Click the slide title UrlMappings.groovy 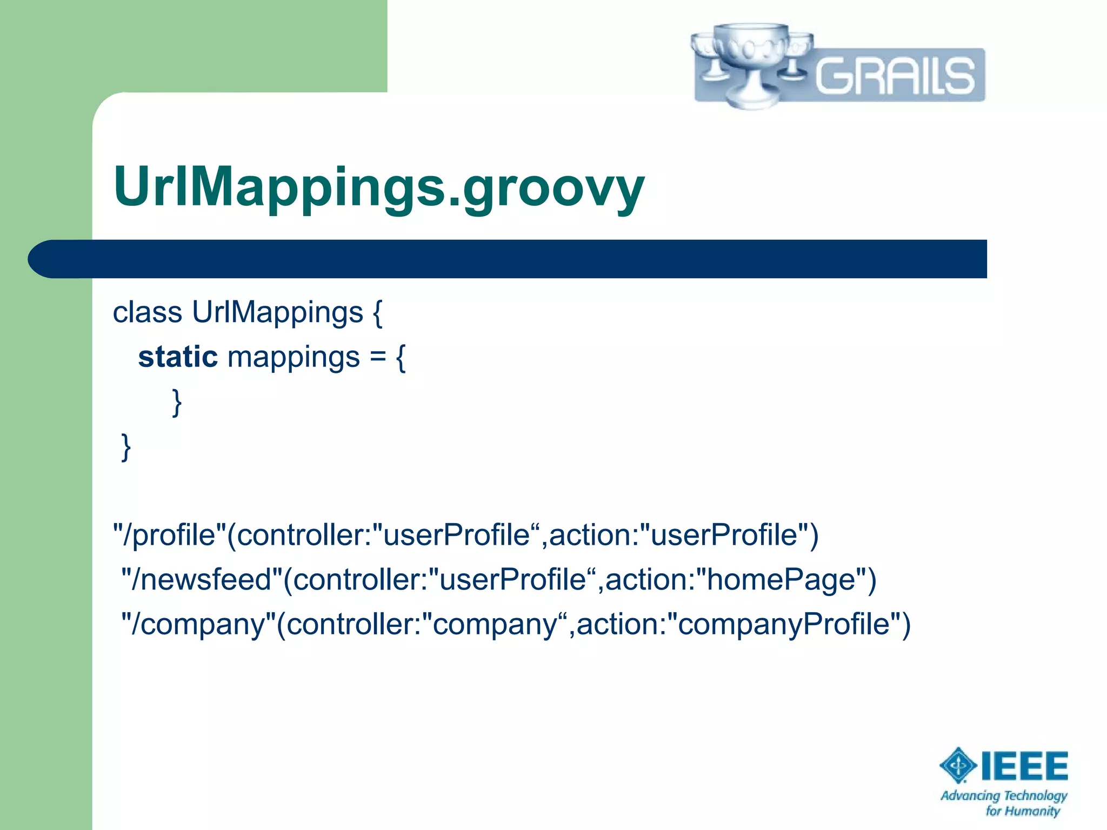[x=378, y=186]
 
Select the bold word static [x=177, y=357]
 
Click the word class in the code [x=147, y=312]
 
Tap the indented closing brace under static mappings [x=177, y=403]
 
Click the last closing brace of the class [x=125, y=447]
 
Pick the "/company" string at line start [x=198, y=625]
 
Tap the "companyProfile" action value [x=783, y=625]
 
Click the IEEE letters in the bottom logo [x=1024, y=766]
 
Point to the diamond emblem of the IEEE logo [x=958, y=765]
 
